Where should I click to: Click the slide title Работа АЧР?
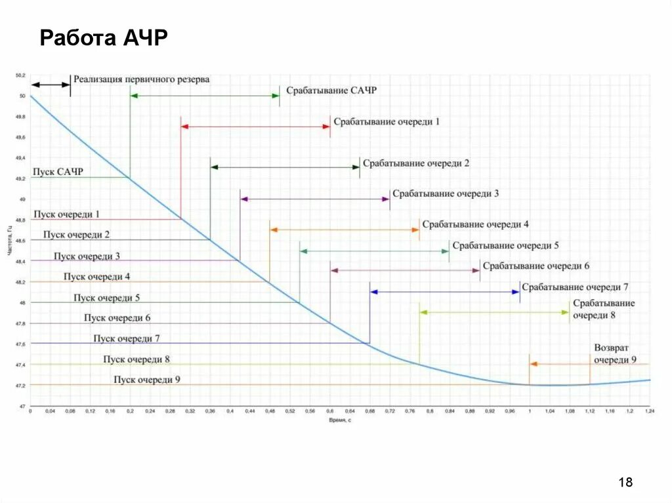pos(104,38)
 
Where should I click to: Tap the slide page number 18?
pos(625,483)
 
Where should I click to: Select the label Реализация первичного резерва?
pos(141,79)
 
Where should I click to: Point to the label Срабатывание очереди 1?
pos(387,122)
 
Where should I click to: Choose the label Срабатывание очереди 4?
pos(475,224)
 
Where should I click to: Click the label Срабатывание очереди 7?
pos(575,287)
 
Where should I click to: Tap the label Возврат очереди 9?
pos(615,353)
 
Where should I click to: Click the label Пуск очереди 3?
pos(87,256)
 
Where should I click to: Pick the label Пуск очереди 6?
pos(117,318)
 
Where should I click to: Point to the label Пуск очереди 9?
pos(146,380)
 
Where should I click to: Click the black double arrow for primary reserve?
pos(51,85)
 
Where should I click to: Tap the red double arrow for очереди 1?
pos(255,127)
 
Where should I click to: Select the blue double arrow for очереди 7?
pos(445,292)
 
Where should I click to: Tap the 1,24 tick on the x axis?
pos(650,411)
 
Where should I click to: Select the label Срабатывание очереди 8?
pos(603,309)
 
